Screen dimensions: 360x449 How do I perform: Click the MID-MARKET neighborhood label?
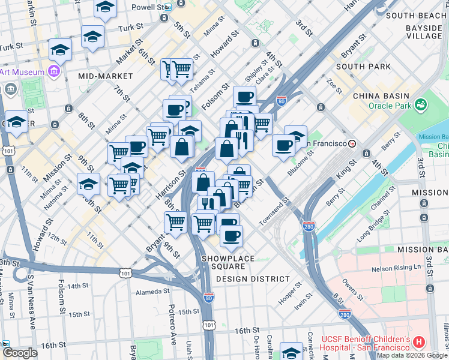pos(105,76)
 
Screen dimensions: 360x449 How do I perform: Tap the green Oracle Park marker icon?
pos(420,104)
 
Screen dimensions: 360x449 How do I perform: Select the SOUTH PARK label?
pos(360,66)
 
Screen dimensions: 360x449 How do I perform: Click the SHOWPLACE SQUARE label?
pos(228,259)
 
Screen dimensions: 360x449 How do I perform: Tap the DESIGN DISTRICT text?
pos(252,279)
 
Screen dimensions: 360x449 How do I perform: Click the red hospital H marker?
pos(419,342)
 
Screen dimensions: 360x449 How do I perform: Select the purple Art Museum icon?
pos(55,72)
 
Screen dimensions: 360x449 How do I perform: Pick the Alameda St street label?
pos(153,292)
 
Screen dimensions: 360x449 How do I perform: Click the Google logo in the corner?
pos(19,353)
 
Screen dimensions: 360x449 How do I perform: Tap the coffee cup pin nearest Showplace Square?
pos(231,235)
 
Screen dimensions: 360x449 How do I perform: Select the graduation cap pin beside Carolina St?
pos(292,352)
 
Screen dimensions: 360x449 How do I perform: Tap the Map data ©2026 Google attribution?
pos(412,355)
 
